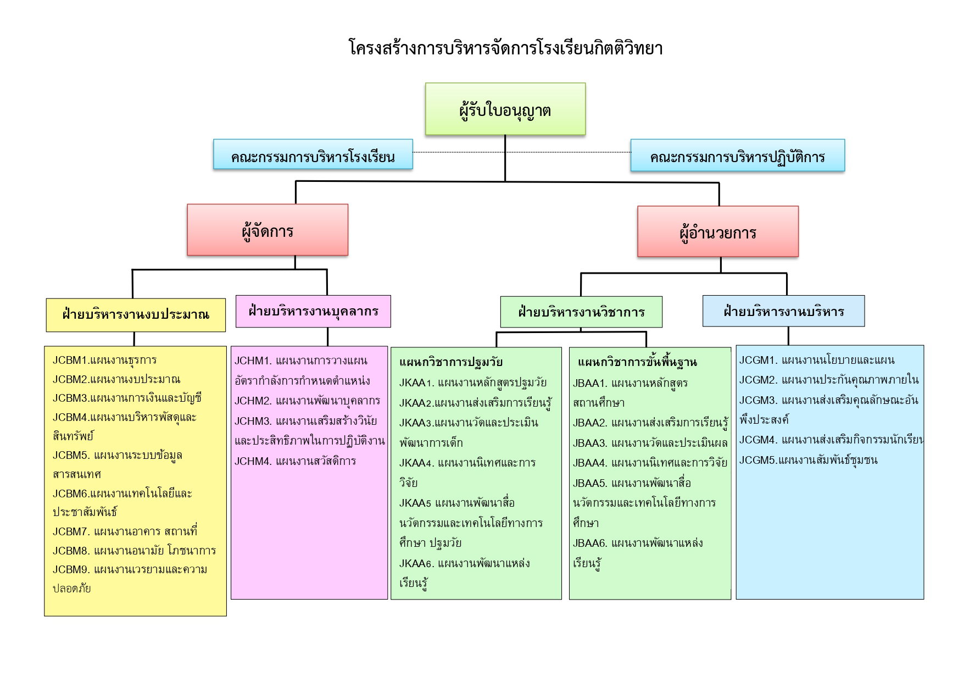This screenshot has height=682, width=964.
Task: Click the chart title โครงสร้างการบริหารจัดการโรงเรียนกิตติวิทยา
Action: click(505, 48)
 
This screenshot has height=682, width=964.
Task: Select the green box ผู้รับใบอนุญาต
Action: click(505, 109)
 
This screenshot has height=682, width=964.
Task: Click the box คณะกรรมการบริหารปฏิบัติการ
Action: click(737, 156)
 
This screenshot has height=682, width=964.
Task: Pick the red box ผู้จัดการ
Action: click(268, 230)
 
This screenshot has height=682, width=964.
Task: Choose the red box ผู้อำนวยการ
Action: click(717, 232)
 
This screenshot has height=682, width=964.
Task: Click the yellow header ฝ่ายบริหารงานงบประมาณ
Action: click(136, 315)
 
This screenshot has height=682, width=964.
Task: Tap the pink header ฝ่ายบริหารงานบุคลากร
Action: click(313, 311)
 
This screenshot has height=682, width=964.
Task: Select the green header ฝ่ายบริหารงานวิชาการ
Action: click(581, 312)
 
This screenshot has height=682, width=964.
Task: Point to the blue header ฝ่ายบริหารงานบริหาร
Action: click(783, 312)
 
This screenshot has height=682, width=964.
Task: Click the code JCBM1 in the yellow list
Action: click(70, 361)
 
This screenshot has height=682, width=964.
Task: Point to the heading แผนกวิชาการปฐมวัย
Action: click(450, 362)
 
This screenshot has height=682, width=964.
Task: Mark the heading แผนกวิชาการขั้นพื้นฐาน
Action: click(637, 362)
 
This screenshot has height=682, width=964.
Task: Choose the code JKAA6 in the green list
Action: click(416, 563)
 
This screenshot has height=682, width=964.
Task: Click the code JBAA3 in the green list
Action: click(589, 443)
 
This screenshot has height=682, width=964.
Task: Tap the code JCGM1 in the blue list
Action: click(757, 361)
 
